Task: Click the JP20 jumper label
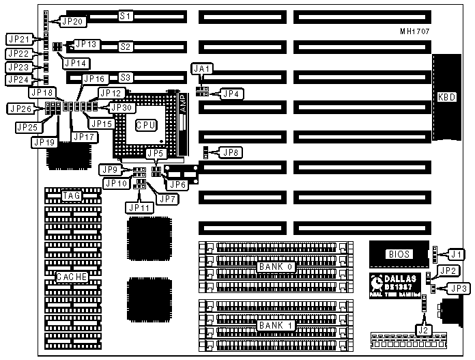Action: tap(71, 21)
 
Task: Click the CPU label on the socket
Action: tap(145, 125)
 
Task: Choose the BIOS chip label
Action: tap(399, 254)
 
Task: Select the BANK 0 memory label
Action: tap(276, 266)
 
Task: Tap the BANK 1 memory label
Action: tap(276, 325)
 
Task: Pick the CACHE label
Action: tap(72, 277)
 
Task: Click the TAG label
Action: tap(72, 196)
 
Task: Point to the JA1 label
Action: tap(202, 68)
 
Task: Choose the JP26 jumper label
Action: tap(19, 108)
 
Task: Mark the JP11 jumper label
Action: tap(138, 207)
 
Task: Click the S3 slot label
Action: tap(126, 77)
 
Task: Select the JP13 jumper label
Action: tap(87, 44)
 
